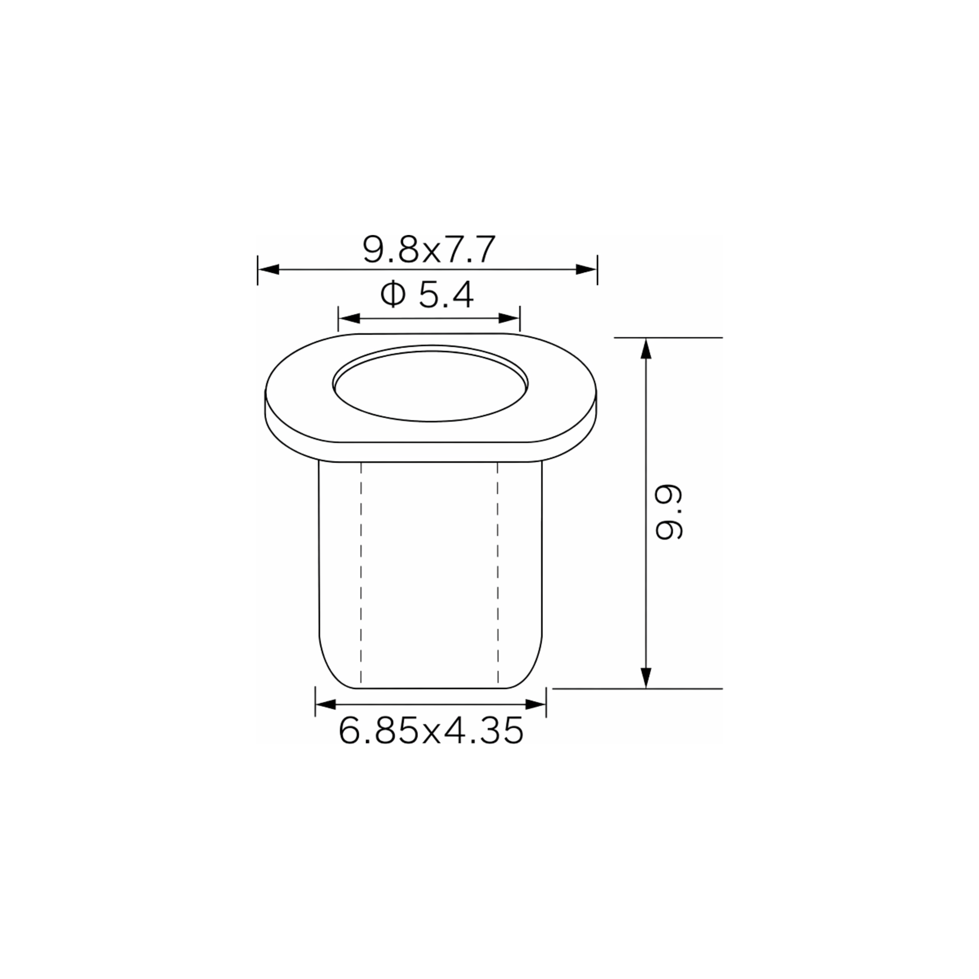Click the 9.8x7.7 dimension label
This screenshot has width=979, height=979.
[429, 249]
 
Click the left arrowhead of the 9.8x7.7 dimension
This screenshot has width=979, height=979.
[269, 269]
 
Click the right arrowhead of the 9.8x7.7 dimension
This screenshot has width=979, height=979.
[587, 269]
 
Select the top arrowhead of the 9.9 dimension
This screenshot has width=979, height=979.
[646, 348]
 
